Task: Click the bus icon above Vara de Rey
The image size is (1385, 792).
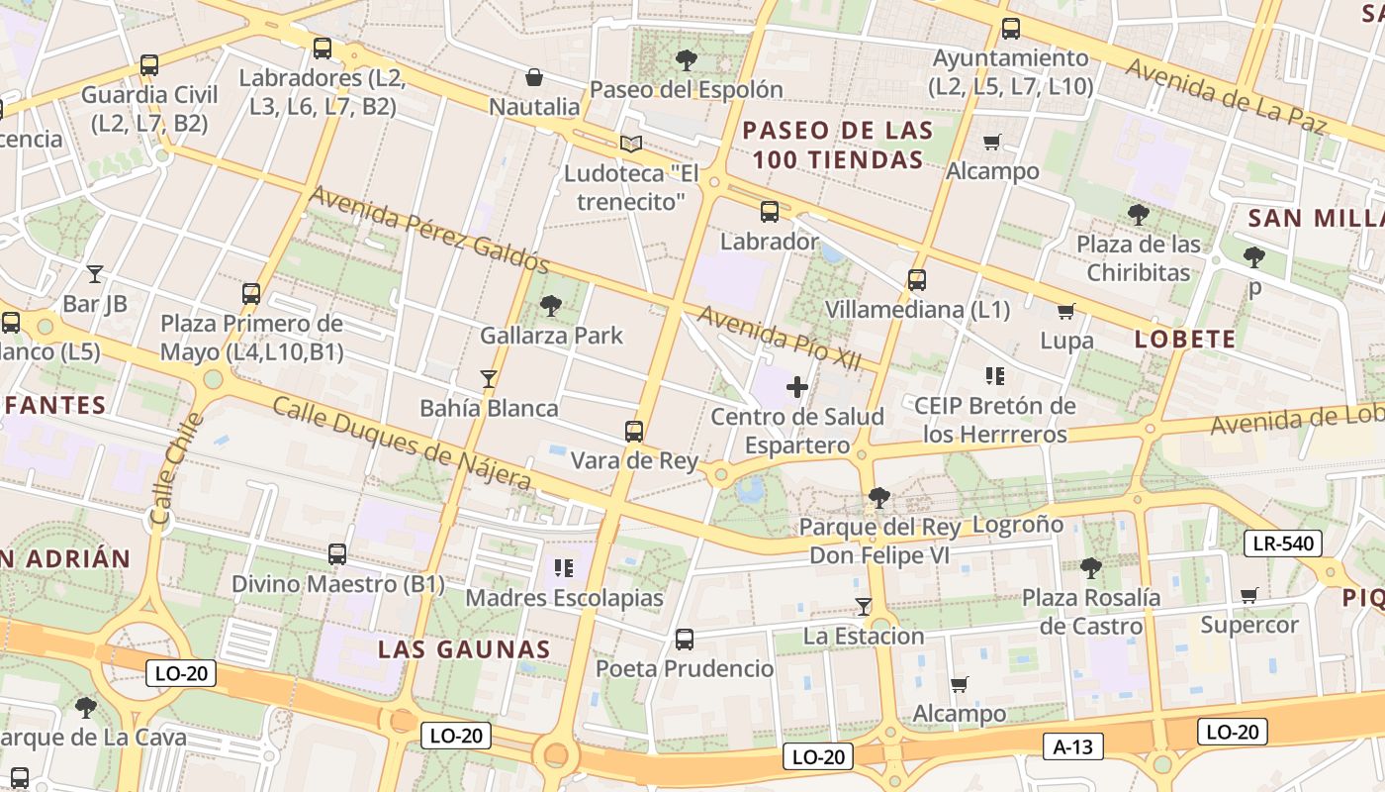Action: pyautogui.click(x=634, y=432)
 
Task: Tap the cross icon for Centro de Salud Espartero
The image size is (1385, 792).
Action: pyautogui.click(x=797, y=387)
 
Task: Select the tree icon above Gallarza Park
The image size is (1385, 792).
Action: pyautogui.click(x=551, y=306)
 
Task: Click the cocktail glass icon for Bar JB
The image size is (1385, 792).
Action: pyautogui.click(x=95, y=274)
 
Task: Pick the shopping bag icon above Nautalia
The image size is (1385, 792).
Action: pyautogui.click(x=534, y=77)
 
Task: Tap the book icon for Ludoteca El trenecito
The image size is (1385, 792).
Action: pyautogui.click(x=630, y=144)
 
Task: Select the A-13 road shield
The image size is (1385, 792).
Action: pyautogui.click(x=1072, y=746)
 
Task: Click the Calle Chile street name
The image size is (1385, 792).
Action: pyautogui.click(x=175, y=468)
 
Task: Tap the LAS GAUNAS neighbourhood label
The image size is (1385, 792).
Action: pyautogui.click(x=464, y=649)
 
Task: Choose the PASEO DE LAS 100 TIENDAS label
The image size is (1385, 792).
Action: pyautogui.click(x=838, y=145)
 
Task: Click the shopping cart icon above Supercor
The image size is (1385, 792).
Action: pyautogui.click(x=1248, y=596)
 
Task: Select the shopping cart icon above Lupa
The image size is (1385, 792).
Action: pyautogui.click(x=1065, y=312)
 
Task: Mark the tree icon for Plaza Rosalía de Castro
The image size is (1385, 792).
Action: pyautogui.click(x=1090, y=568)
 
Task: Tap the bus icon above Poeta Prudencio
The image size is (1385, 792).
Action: pyautogui.click(x=684, y=640)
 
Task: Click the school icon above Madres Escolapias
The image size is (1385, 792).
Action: pyautogui.click(x=564, y=568)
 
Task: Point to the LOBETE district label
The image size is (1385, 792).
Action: pyautogui.click(x=1185, y=340)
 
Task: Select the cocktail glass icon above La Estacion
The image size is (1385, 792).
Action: pyautogui.click(x=863, y=607)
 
